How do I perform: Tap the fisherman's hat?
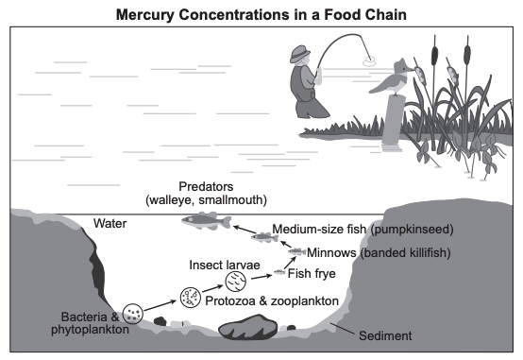click(299, 54)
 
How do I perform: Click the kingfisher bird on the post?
click(393, 77)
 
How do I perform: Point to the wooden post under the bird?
click(393, 122)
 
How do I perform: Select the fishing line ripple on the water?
click(369, 61)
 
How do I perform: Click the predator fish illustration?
click(206, 221)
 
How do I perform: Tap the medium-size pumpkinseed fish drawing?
click(264, 237)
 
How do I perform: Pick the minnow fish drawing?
click(296, 251)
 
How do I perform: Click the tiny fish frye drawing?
click(279, 272)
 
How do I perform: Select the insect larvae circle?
click(235, 282)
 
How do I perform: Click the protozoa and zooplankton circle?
click(191, 298)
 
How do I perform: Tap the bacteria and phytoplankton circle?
click(133, 314)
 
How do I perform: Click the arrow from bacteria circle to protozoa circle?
click(160, 305)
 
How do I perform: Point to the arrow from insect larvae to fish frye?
click(261, 277)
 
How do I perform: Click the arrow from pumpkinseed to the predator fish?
click(245, 230)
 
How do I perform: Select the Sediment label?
click(385, 335)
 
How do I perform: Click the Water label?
click(110, 223)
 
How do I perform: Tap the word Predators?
click(206, 186)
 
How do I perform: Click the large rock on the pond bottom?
click(248, 327)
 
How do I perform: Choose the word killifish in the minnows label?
click(430, 253)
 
